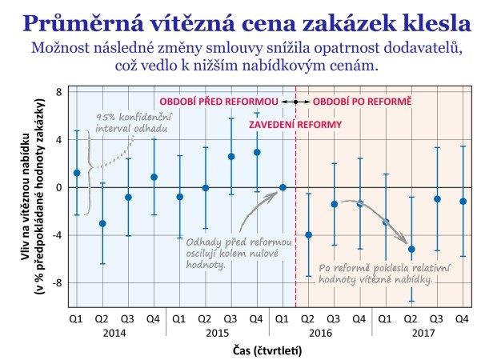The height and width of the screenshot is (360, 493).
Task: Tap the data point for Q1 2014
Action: pos(77,173)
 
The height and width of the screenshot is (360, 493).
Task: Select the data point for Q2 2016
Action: pos(308,235)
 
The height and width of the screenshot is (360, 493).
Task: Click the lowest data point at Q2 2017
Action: pos(411,249)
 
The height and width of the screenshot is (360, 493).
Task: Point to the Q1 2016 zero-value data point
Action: pos(283,187)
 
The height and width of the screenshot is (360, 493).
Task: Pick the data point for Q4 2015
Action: pos(257,152)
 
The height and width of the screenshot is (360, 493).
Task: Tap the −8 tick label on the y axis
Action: pos(57,282)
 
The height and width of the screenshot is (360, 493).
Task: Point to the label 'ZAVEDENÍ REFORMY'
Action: pos(295,125)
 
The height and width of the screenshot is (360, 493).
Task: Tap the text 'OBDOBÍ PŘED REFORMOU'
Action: pos(218,103)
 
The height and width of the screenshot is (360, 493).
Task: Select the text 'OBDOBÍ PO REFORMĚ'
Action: pos(362,103)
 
